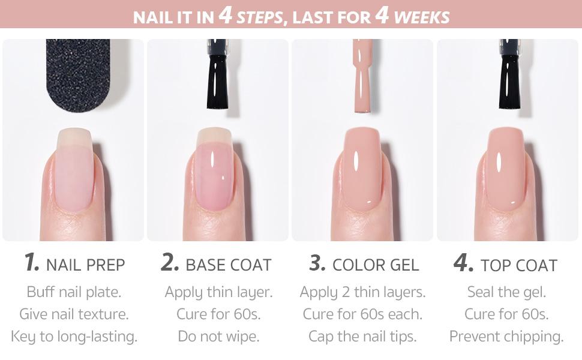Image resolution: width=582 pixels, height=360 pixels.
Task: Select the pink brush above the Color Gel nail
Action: pos(364,75)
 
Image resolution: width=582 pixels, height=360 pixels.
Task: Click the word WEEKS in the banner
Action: pos(421,17)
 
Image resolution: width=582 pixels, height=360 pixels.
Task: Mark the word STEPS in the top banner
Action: pos(260,17)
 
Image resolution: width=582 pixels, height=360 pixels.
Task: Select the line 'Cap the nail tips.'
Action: pos(362,336)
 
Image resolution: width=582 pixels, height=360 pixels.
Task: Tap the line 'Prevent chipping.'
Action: pos(506,336)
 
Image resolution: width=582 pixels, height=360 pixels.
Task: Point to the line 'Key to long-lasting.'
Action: pos(74,336)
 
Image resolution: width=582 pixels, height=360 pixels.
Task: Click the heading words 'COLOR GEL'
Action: pos(376,265)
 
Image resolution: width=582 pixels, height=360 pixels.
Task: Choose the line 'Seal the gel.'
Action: pos(506,292)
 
